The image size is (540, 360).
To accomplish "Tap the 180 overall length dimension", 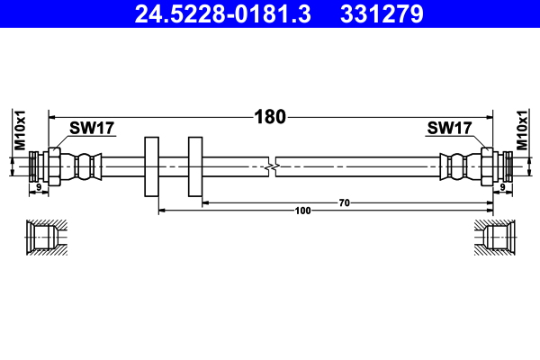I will [x=270, y=116].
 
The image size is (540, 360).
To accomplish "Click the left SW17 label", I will [x=92, y=129].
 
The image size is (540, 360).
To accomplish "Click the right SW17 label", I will [x=449, y=129].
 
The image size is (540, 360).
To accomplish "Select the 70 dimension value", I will [x=344, y=203].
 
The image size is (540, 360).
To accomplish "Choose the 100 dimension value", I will [x=302, y=211].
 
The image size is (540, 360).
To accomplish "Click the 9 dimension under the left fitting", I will [x=38, y=187].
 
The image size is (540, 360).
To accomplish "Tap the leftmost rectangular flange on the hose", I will [x=151, y=167].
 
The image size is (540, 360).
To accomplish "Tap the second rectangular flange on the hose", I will [x=195, y=167].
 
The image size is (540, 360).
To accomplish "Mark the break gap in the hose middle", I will [x=272, y=167].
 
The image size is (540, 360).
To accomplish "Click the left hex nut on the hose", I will [x=54, y=167].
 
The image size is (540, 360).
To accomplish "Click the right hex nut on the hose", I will [x=487, y=167].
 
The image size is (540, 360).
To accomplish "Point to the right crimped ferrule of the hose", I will [x=455, y=167].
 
